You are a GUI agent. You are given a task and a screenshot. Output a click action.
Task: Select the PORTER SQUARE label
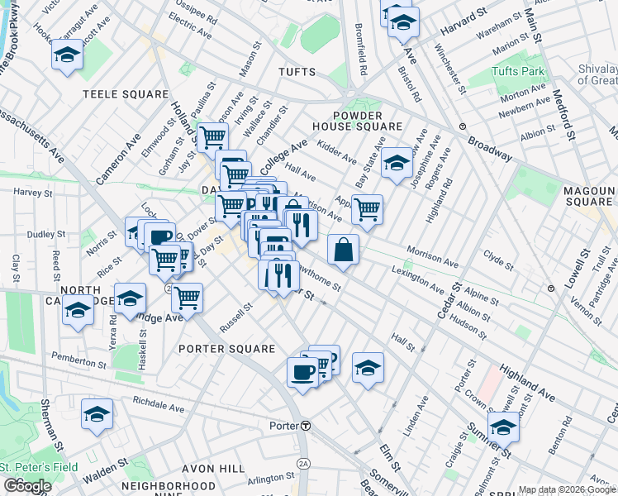[227, 349]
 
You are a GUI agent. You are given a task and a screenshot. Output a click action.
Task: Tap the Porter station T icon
[306, 426]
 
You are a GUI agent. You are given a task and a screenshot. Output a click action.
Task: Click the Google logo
[27, 486]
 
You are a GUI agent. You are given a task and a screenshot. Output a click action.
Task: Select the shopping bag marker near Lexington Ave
[343, 248]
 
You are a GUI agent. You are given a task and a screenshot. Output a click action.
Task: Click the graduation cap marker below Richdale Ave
[97, 414]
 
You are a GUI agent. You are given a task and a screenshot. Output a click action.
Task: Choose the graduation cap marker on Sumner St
[502, 427]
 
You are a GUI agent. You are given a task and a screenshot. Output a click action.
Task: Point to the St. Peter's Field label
[39, 467]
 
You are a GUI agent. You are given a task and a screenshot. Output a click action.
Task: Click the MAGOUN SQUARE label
[587, 196]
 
